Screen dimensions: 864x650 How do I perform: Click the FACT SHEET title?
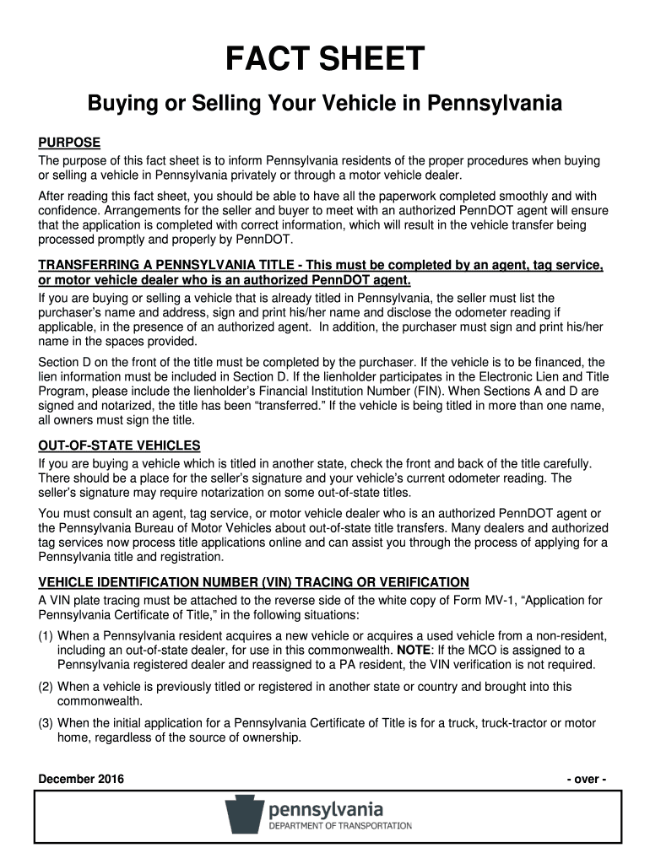pos(325,59)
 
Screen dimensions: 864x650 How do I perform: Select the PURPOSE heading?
pos(70,142)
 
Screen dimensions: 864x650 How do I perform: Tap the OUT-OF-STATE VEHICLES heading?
pos(119,445)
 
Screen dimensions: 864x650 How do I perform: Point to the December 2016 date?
pos(81,779)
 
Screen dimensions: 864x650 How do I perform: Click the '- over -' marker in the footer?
pos(586,779)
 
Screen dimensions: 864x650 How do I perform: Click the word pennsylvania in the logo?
pos(326,809)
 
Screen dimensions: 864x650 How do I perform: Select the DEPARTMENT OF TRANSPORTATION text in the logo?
pos(339,826)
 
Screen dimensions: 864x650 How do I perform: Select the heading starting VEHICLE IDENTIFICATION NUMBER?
pos(253,582)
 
